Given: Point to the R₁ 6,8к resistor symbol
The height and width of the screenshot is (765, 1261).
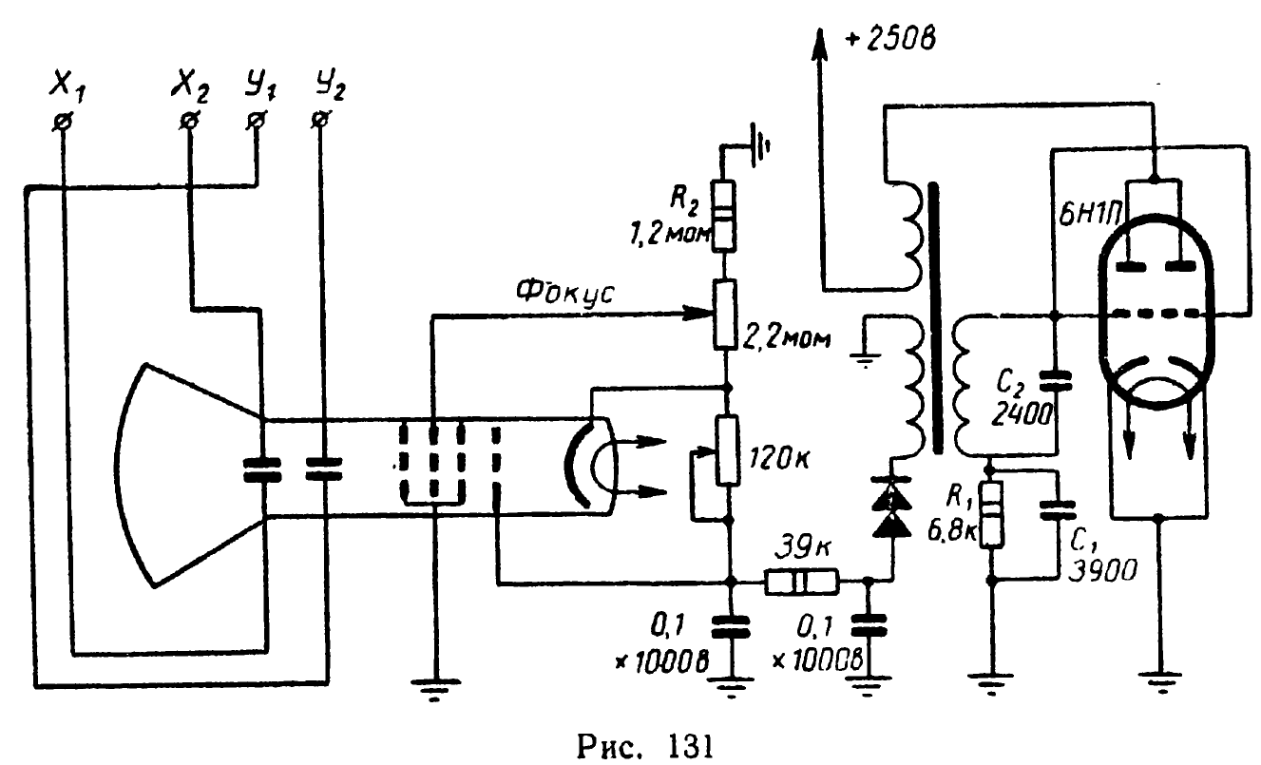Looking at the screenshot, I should point(991,513).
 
